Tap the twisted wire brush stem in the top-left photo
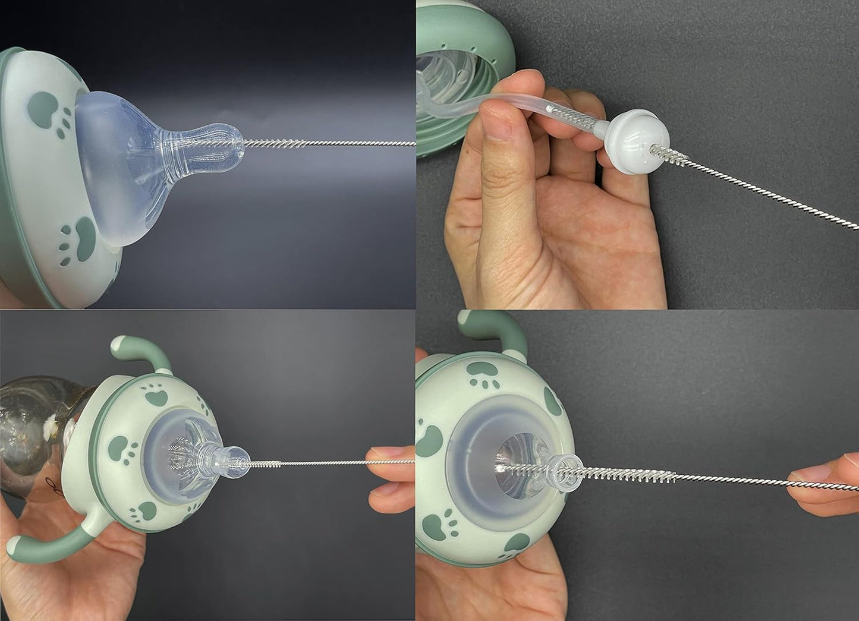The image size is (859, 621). pos(333,143)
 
